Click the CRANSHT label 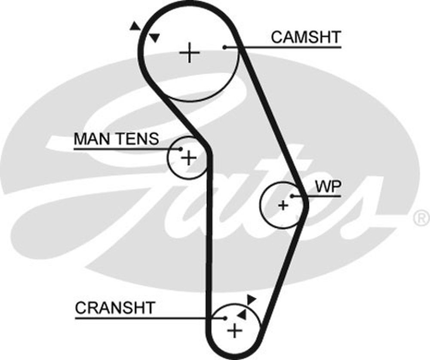115,308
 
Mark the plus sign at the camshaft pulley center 189,53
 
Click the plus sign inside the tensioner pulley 188,158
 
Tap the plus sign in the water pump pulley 283,205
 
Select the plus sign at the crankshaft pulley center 234,331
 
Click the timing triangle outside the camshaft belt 135,26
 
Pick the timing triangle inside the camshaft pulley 154,38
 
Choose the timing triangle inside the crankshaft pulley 242,315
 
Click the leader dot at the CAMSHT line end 224,46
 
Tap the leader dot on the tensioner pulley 181,149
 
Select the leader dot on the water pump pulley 292,196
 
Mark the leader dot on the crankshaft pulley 225,318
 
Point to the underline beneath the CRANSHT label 129,318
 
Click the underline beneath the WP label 322,196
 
